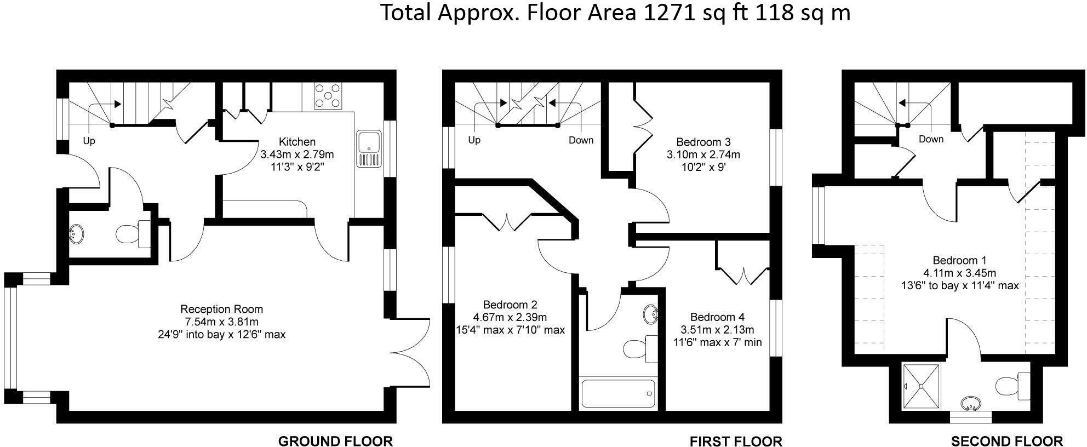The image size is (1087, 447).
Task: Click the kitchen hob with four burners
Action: (x=327, y=96)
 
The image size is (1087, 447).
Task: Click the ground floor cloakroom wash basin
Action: (x=76, y=234)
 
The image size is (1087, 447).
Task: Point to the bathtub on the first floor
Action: (x=617, y=393)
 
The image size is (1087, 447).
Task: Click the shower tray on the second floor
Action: (x=921, y=386)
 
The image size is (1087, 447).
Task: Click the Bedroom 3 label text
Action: (x=703, y=142)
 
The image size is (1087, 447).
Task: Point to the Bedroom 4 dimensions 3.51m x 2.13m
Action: (x=717, y=330)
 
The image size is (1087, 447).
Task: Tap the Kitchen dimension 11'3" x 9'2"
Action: (x=298, y=167)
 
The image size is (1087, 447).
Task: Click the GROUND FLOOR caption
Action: (x=335, y=441)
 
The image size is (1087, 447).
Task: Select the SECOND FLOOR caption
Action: (x=1006, y=441)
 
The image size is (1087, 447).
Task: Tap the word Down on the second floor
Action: (x=931, y=139)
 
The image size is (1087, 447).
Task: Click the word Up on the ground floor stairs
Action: (x=89, y=141)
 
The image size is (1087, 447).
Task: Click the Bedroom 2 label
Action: (x=510, y=305)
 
